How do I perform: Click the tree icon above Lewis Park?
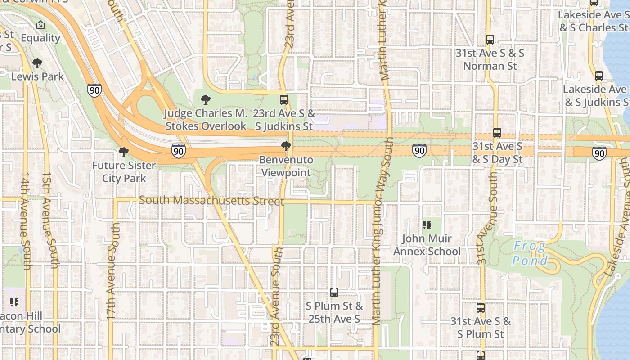[x=37, y=63]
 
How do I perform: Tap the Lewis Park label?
[x=37, y=76]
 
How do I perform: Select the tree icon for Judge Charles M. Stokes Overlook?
[x=206, y=100]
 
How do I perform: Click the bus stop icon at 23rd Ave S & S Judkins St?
[x=284, y=100]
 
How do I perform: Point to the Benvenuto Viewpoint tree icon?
[x=286, y=146]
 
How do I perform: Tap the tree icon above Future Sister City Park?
[x=124, y=152]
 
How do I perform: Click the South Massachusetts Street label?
[x=211, y=200]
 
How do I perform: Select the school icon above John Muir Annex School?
[x=427, y=225]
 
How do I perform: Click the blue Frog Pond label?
[x=530, y=253]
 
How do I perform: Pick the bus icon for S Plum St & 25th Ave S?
[x=334, y=292]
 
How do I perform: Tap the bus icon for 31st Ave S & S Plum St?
[x=481, y=308]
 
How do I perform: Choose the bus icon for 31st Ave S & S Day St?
[x=497, y=133]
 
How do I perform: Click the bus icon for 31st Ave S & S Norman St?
[x=490, y=40]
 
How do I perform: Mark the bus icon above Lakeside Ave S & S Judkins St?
[x=599, y=76]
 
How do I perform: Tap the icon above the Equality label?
[x=40, y=25]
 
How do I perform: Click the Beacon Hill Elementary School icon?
[x=14, y=302]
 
